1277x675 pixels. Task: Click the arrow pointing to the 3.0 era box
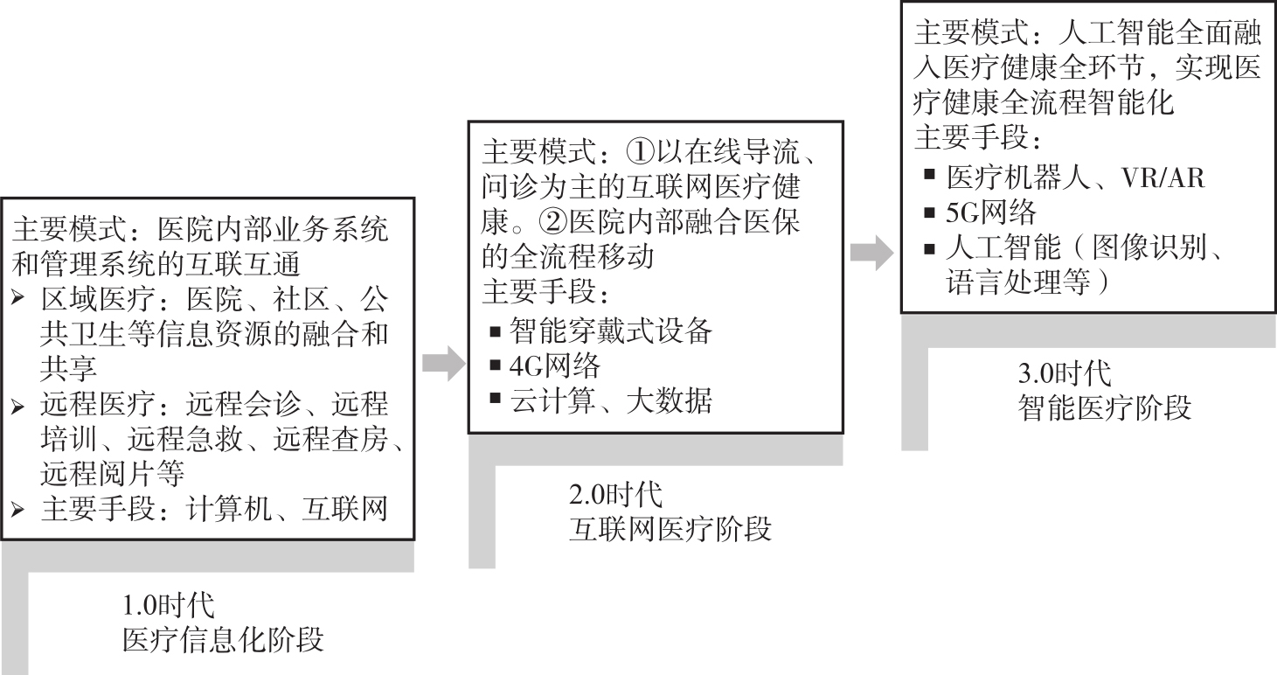click(x=871, y=253)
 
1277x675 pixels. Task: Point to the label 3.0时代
click(x=1065, y=373)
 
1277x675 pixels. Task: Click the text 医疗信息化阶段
click(x=223, y=640)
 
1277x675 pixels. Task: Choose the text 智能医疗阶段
click(x=1105, y=408)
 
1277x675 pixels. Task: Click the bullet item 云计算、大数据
click(x=612, y=400)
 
